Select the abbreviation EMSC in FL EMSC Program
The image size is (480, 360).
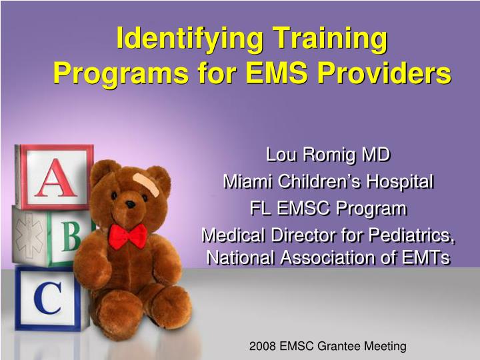pyautogui.click(x=307, y=209)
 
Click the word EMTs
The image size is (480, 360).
pyautogui.click(x=424, y=257)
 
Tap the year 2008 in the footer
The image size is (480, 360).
pyautogui.click(x=262, y=346)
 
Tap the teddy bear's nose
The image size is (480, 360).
pyautogui.click(x=130, y=204)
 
